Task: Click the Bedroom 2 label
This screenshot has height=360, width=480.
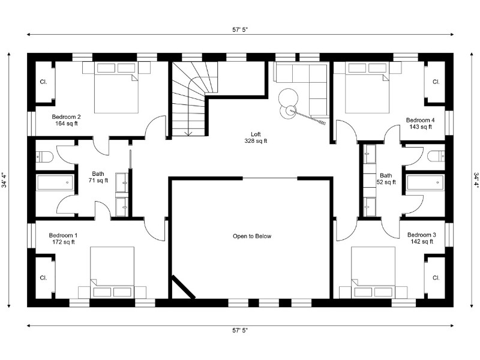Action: (x=66, y=116)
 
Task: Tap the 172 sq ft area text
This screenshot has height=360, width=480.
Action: (x=64, y=242)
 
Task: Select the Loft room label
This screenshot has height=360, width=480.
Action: (x=256, y=134)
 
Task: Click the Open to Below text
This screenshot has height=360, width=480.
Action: (x=252, y=236)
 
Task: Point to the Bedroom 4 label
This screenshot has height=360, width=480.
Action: (x=420, y=121)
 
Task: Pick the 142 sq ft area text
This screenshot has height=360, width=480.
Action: (x=422, y=242)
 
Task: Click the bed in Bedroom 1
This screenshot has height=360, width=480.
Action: (x=112, y=272)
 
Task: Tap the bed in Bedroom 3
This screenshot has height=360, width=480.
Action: (x=373, y=272)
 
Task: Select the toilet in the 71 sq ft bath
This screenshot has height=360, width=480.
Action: (x=44, y=157)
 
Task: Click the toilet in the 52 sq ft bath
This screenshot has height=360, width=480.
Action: (x=436, y=156)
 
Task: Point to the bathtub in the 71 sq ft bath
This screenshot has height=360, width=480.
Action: (x=55, y=182)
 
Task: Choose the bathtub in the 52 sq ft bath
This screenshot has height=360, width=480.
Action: (x=425, y=182)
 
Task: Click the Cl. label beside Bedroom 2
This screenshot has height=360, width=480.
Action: (x=43, y=82)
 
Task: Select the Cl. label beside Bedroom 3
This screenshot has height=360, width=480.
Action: (x=436, y=278)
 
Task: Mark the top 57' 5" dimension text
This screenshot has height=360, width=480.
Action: (x=240, y=29)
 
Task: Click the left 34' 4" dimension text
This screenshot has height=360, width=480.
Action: (x=4, y=181)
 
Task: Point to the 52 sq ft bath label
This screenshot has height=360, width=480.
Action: (x=386, y=179)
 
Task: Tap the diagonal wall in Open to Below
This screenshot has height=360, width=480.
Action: (x=184, y=287)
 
